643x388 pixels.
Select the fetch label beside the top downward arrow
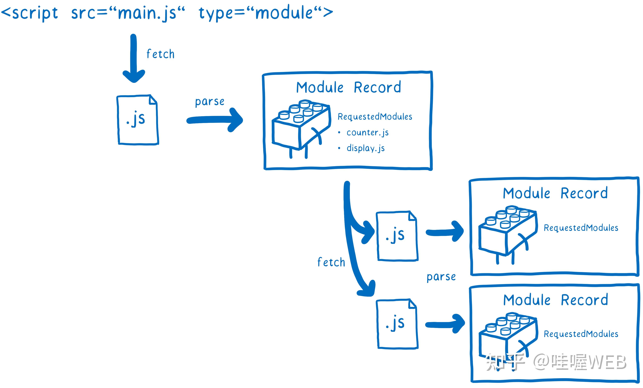[160, 54]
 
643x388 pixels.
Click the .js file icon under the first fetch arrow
[137, 120]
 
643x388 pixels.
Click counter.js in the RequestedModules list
[367, 132]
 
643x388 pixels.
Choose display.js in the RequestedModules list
[366, 148]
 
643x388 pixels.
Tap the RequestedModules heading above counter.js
[375, 117]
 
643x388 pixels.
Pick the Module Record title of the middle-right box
[555, 193]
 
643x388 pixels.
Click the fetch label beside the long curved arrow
[331, 262]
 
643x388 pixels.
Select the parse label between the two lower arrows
[441, 277]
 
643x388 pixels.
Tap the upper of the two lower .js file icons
[397, 236]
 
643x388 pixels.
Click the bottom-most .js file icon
[397, 324]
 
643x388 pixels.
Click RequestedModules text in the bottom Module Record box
[581, 334]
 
